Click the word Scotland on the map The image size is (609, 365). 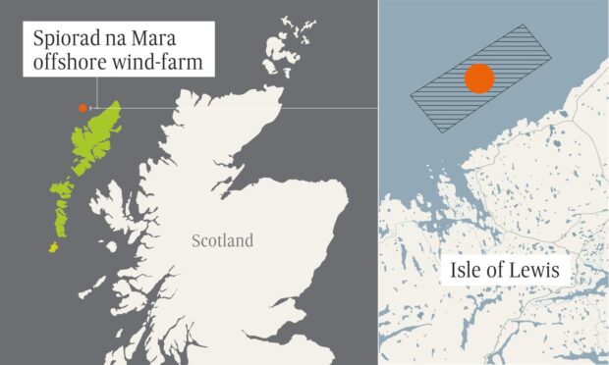pos(222,240)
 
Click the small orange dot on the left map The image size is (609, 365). pos(83,107)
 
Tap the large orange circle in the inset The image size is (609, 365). pos(479,79)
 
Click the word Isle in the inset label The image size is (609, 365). pos(464,267)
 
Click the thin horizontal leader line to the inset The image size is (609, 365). pos(246,107)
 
